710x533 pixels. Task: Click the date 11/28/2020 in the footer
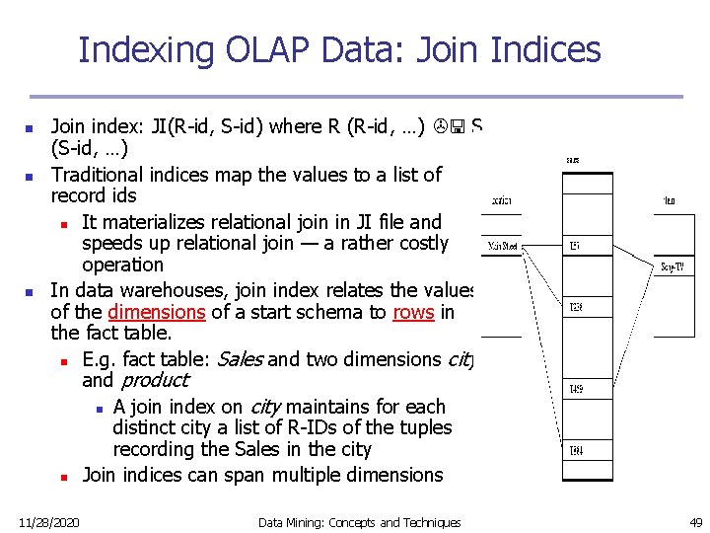pyautogui.click(x=49, y=522)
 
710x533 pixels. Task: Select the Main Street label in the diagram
pyautogui.click(x=503, y=246)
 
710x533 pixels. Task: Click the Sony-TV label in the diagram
pyautogui.click(x=674, y=266)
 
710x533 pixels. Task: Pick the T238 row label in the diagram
pyautogui.click(x=575, y=307)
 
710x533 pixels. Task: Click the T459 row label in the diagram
pyautogui.click(x=575, y=389)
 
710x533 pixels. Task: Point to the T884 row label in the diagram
pyautogui.click(x=575, y=451)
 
